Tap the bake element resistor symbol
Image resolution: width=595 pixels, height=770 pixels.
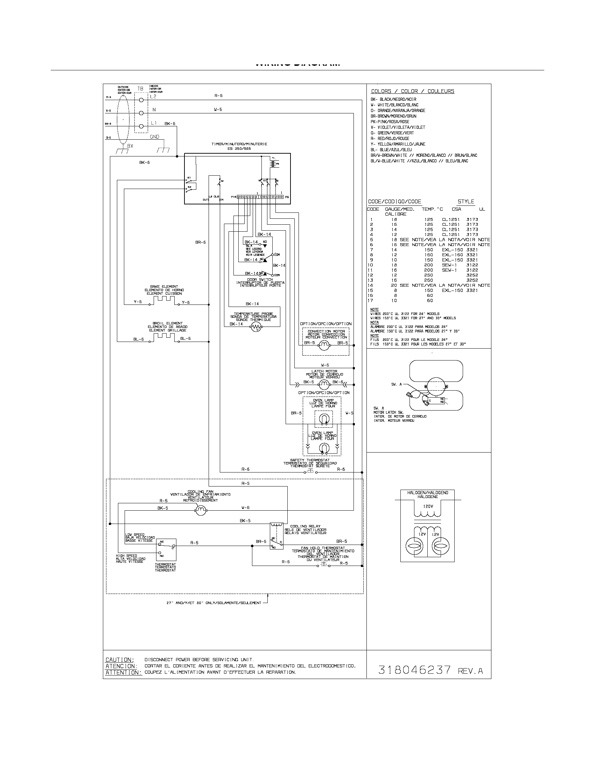pos(164,299)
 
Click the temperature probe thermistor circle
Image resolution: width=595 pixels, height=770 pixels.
pos(257,328)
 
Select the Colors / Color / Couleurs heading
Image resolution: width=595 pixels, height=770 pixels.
pos(412,91)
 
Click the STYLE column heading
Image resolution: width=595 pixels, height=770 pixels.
pos(465,202)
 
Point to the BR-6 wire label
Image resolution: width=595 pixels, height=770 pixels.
pos(201,242)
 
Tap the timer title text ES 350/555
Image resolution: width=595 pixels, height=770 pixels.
pos(239,148)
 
